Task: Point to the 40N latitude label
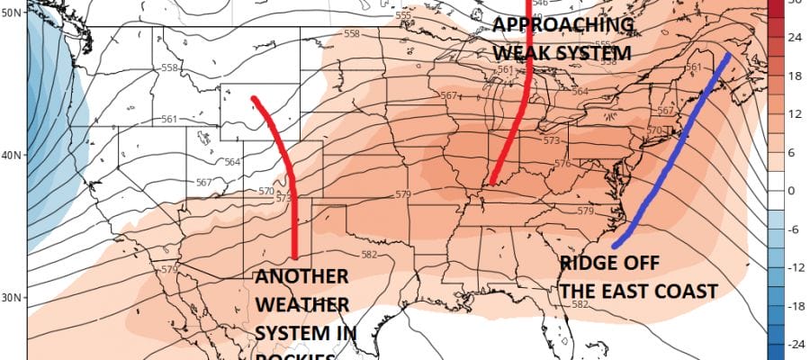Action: [x=13, y=155]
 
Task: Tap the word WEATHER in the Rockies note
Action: [x=299, y=305]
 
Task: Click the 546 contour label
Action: [x=516, y=4]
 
